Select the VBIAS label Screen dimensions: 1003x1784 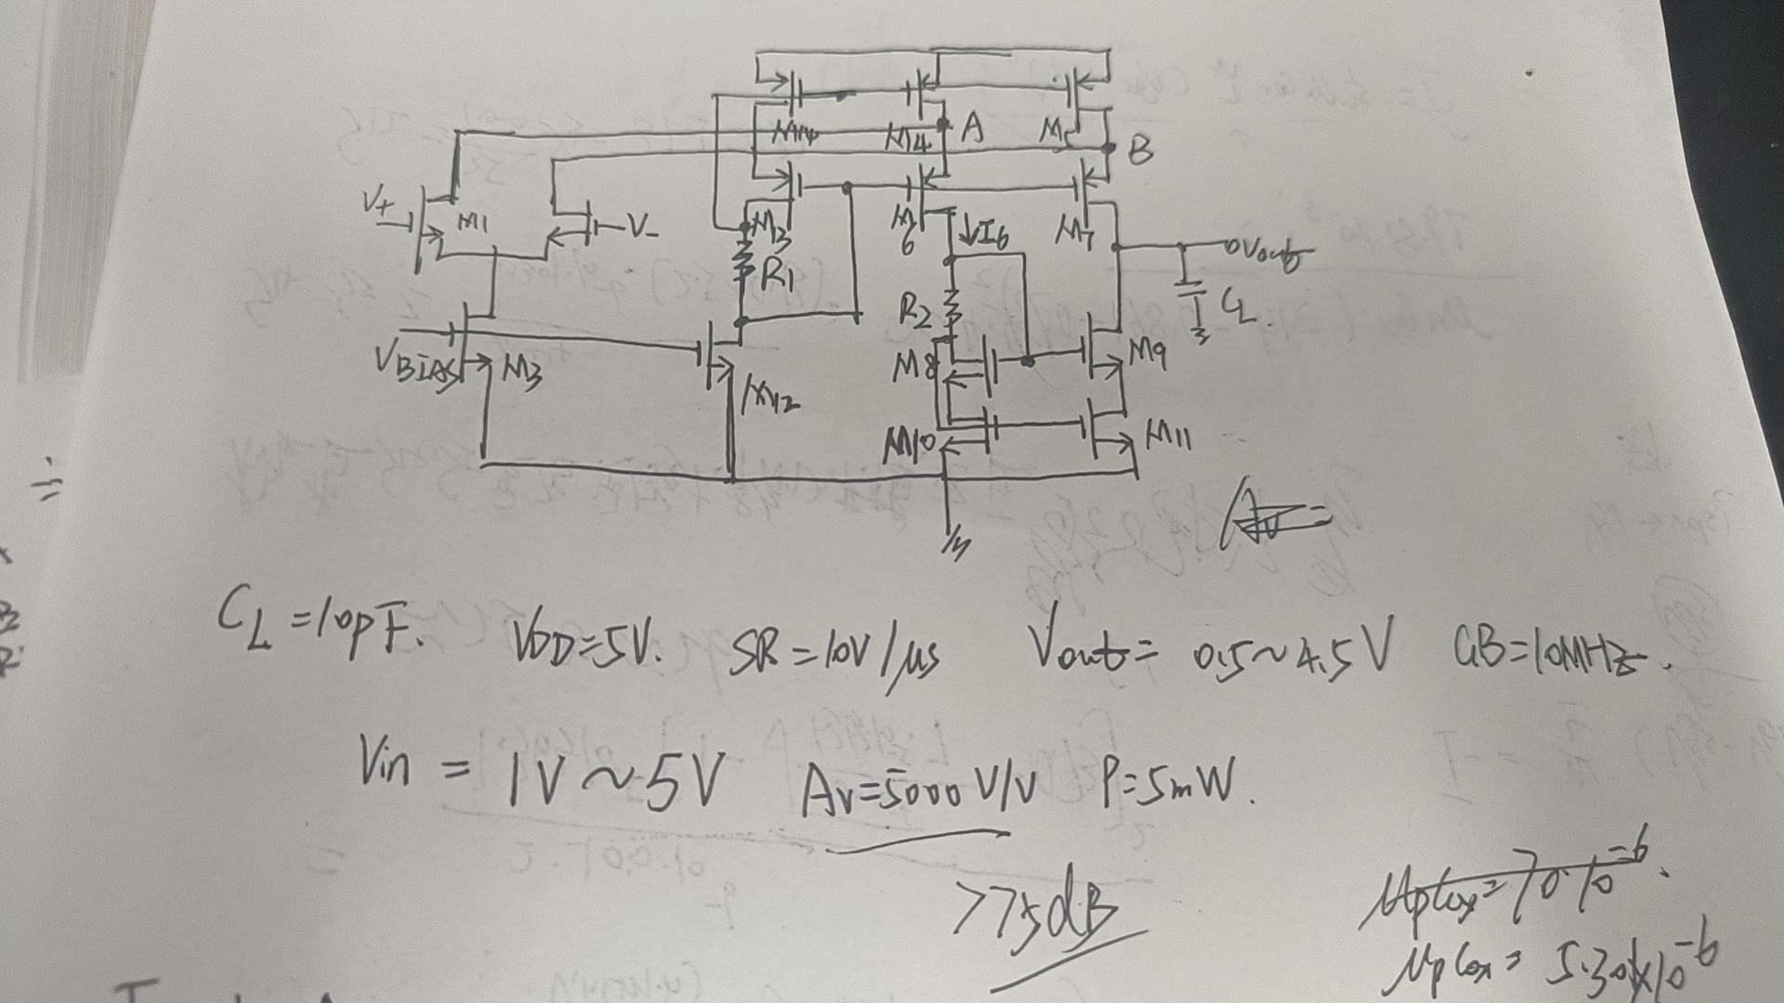[x=414, y=365]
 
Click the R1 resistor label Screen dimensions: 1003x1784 [x=776, y=276]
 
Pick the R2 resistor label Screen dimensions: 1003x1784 [x=914, y=314]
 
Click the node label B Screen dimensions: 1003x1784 [x=1140, y=150]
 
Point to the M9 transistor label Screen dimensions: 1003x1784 [x=1148, y=352]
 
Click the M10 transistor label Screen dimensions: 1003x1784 [x=908, y=449]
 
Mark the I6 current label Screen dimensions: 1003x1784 [x=990, y=237]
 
